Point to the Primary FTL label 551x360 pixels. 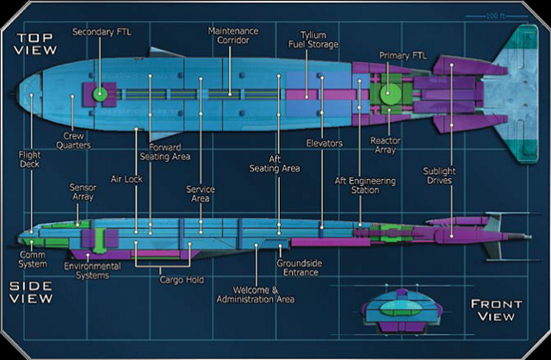[402, 56]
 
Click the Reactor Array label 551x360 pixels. [384, 144]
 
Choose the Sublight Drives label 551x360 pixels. [439, 177]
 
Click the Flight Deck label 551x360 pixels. [30, 161]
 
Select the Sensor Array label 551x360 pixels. [83, 191]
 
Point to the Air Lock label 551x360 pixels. [126, 180]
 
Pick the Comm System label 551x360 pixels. [32, 258]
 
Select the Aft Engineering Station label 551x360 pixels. [365, 186]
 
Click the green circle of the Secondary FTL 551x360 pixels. [101, 93]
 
